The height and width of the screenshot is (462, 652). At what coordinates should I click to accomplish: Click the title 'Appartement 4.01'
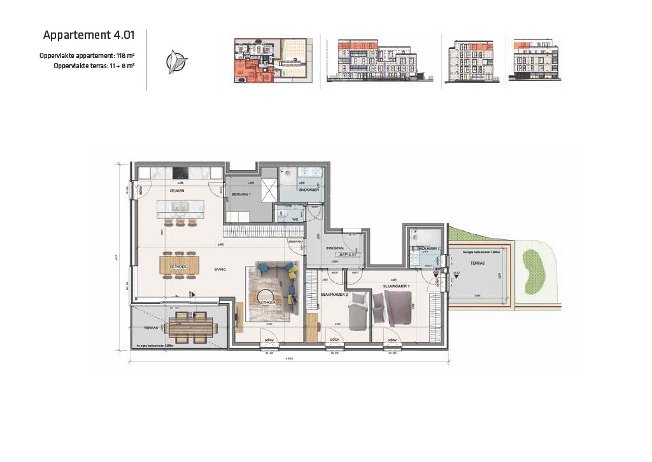(89, 34)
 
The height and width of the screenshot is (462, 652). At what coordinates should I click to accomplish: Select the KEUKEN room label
(176, 191)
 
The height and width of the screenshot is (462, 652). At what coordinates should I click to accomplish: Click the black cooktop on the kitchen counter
(180, 173)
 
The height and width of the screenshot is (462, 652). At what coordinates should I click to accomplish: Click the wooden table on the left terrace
(192, 326)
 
